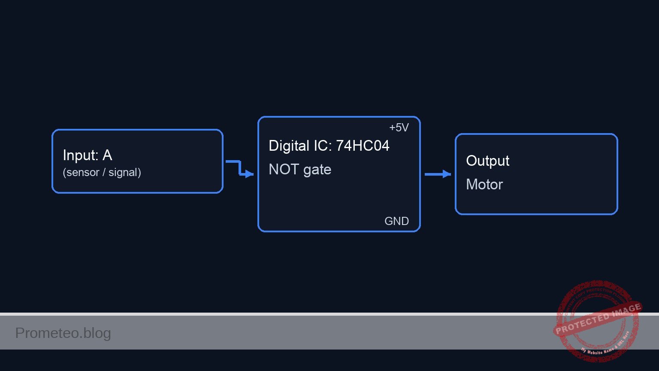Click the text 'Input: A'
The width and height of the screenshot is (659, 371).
[x=88, y=155]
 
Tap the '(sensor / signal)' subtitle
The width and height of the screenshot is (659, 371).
[x=102, y=173]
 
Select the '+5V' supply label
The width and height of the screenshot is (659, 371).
[x=399, y=128]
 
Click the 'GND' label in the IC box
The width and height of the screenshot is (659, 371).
[x=396, y=221]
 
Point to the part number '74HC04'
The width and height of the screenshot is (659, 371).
[x=363, y=146]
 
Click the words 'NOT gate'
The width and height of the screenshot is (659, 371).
[x=300, y=170]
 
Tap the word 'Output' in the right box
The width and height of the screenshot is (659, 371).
[x=487, y=161]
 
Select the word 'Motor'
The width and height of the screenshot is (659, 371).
[x=484, y=185]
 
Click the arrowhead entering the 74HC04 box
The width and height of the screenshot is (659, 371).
[x=250, y=174]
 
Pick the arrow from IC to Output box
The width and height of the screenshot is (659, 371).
[x=438, y=174]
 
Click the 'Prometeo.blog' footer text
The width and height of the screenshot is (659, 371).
[x=63, y=333]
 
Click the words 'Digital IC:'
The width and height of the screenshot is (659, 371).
[x=300, y=146]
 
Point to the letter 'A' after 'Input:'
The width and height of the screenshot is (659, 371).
[x=107, y=155]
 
